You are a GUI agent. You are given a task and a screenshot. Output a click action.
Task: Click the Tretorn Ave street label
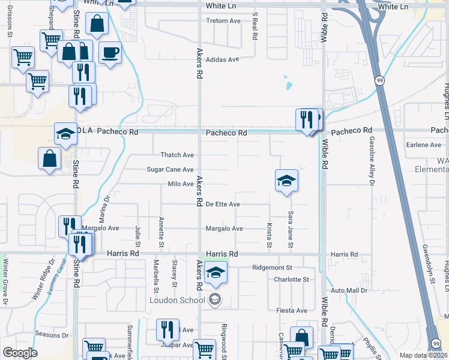[x=223, y=21]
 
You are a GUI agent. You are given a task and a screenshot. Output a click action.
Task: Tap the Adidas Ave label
[x=222, y=59]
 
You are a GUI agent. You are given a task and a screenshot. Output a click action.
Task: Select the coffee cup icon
[x=110, y=53]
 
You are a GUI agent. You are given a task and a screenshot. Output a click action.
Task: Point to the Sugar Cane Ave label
[x=170, y=170]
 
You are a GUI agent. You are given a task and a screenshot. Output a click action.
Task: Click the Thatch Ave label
[x=177, y=155]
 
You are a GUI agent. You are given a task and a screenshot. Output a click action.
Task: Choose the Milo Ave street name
[x=180, y=184]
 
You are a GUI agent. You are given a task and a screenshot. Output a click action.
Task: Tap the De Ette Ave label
[x=223, y=205]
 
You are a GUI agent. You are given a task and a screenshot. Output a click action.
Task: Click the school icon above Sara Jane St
[x=286, y=181]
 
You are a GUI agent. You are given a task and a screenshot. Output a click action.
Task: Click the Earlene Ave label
[x=423, y=145]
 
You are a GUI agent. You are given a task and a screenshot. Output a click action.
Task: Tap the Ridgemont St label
[x=272, y=268]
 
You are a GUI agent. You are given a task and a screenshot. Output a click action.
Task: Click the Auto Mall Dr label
[x=349, y=290]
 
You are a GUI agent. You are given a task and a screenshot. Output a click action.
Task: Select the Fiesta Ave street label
[x=291, y=311]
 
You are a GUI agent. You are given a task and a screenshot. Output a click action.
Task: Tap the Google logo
[x=20, y=353]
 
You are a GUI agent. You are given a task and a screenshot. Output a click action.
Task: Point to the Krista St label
[x=269, y=235]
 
